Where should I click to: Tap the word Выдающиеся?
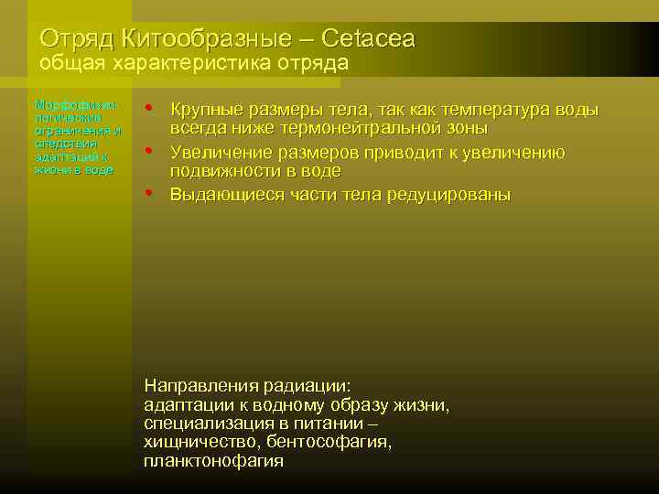click(x=223, y=194)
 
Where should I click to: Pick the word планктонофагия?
click(x=213, y=461)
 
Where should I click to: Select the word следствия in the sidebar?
click(x=59, y=144)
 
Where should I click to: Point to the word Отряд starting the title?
click(x=70, y=38)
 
